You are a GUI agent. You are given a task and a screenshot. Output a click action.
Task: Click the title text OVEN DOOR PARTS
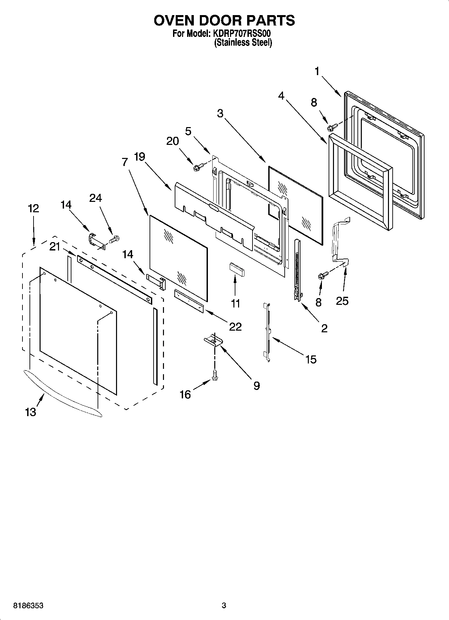(x=224, y=20)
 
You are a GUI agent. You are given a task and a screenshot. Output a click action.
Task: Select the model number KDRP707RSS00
(x=240, y=34)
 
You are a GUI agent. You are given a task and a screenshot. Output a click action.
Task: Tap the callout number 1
(x=317, y=71)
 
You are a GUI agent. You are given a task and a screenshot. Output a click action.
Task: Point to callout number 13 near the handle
(x=31, y=412)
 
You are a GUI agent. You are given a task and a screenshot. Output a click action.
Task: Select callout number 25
(x=342, y=301)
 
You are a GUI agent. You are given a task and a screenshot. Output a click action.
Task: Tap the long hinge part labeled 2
(x=297, y=270)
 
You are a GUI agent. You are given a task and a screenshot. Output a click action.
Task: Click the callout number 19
(x=139, y=157)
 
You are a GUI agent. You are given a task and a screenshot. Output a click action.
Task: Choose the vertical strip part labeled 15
(x=267, y=332)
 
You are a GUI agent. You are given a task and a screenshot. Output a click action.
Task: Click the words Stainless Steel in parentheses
(x=243, y=43)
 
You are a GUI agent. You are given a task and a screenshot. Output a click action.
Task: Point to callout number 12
(x=33, y=208)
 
